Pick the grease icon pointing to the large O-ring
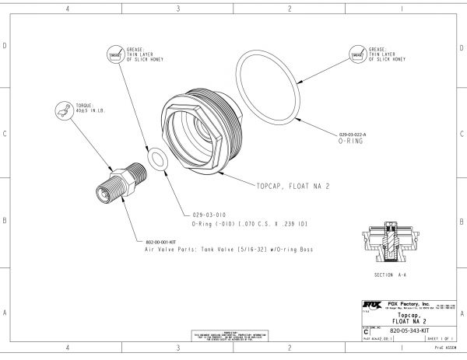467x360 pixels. (358, 56)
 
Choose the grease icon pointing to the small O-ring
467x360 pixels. (114, 56)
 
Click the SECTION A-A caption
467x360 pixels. (394, 276)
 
